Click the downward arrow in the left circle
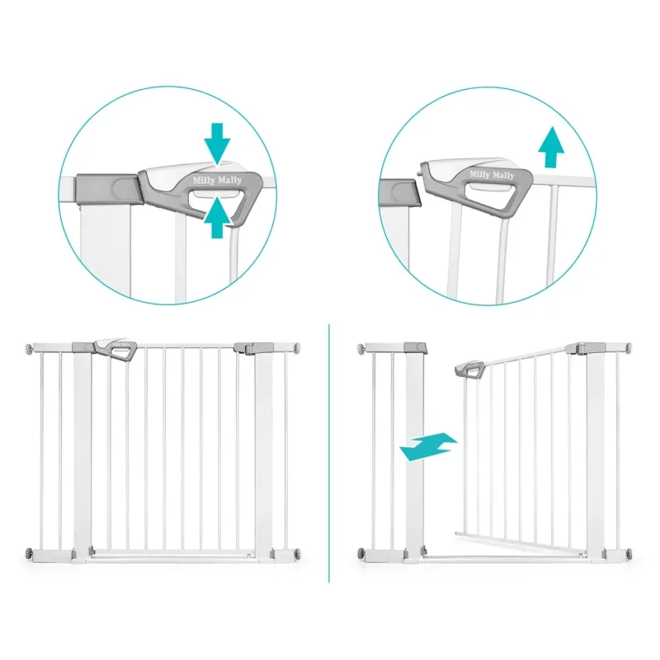click(217, 143)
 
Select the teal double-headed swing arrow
click(428, 446)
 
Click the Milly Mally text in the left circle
click(217, 181)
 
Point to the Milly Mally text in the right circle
click(492, 174)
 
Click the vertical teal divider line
click(329, 453)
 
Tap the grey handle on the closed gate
click(115, 349)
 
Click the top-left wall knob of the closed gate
click(29, 348)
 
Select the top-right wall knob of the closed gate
click(298, 348)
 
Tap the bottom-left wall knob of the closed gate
click(29, 553)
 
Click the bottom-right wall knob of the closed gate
click(298, 553)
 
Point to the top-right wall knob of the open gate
click(629, 348)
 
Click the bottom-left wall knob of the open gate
click(361, 553)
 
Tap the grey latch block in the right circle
click(400, 192)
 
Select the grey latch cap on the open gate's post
click(416, 347)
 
